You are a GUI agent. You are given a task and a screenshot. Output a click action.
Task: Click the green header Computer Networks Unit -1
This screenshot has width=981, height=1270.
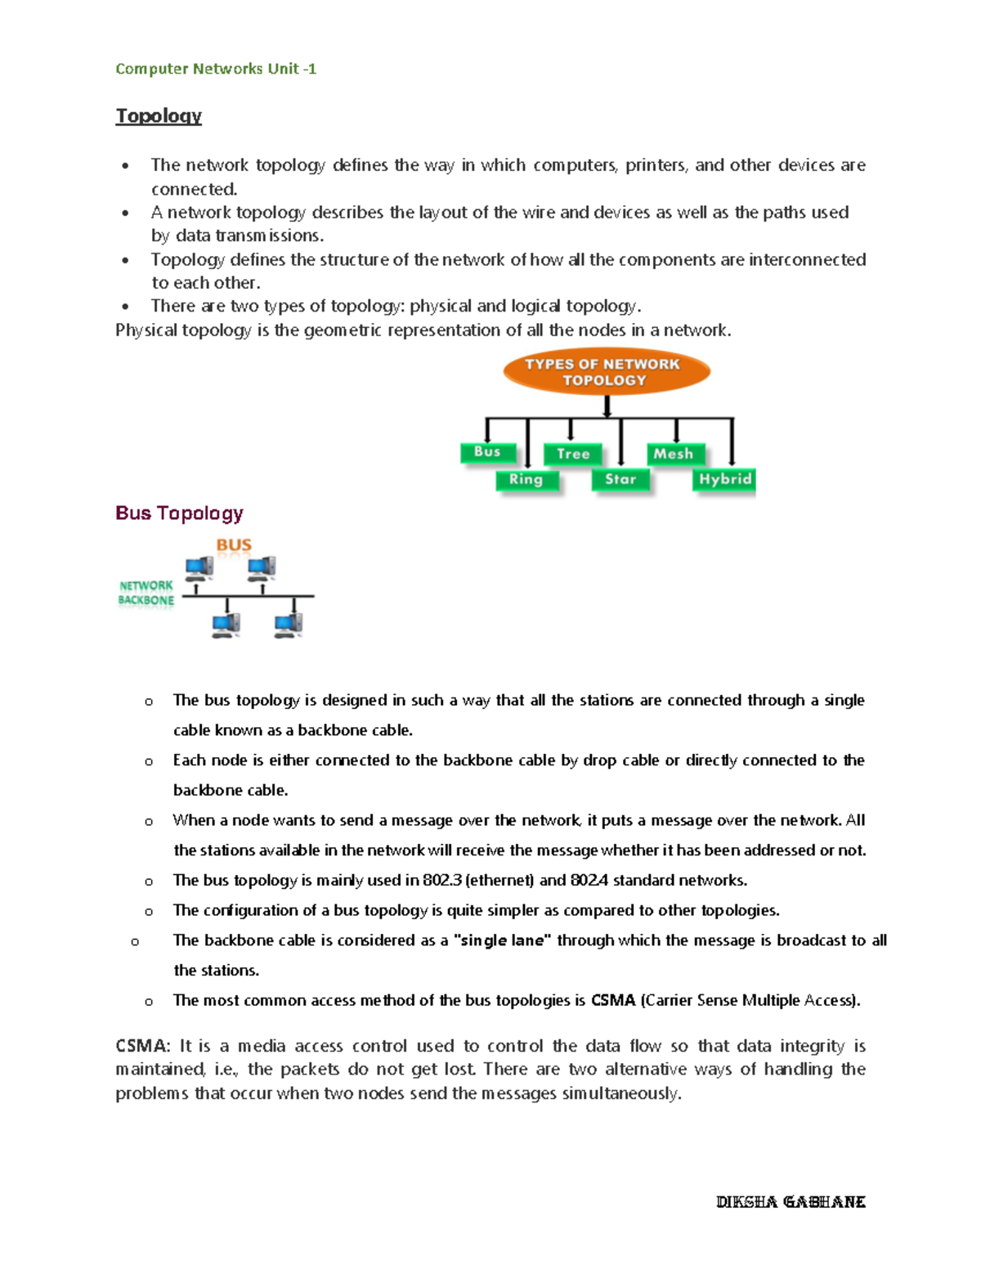click(x=216, y=69)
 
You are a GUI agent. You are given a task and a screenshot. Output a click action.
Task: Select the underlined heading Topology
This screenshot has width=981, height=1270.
click(x=159, y=115)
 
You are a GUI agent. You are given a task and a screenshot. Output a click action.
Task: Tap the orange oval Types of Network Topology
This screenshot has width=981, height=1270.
click(x=606, y=372)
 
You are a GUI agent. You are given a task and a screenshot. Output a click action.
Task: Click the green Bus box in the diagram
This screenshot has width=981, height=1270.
click(x=487, y=451)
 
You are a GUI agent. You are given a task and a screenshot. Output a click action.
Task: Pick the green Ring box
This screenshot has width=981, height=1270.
click(x=526, y=479)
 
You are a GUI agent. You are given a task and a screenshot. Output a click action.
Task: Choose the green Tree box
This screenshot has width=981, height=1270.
click(x=573, y=454)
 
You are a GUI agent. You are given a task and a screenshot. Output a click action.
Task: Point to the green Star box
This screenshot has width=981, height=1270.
click(x=620, y=479)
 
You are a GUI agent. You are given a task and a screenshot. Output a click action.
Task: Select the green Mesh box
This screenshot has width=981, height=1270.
click(x=674, y=454)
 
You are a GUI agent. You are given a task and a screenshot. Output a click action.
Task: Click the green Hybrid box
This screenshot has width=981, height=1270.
click(x=724, y=479)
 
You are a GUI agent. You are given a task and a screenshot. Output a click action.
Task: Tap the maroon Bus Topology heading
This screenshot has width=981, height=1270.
click(x=180, y=513)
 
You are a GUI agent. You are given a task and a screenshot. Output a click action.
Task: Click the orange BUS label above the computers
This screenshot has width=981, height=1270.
click(x=234, y=545)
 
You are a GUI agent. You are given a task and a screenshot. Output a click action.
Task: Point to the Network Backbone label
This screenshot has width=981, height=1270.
click(x=146, y=593)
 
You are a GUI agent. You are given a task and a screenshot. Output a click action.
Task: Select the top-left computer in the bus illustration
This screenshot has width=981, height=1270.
click(x=199, y=567)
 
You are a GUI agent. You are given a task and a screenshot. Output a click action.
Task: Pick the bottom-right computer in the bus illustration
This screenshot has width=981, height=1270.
click(x=289, y=625)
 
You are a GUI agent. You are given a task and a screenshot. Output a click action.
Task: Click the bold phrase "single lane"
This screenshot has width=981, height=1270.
click(x=503, y=940)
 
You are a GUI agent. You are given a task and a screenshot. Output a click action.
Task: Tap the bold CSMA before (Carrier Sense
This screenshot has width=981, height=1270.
click(x=612, y=1000)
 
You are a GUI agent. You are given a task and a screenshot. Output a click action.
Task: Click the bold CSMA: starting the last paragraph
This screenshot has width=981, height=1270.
click(x=143, y=1046)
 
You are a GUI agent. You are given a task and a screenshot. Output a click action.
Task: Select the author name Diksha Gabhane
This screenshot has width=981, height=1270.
click(x=791, y=1201)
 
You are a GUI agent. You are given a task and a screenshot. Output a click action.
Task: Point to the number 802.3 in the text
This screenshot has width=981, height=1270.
click(x=441, y=880)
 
